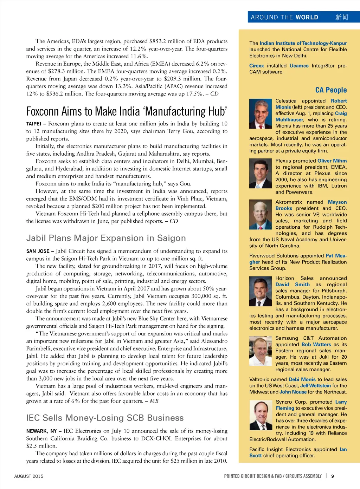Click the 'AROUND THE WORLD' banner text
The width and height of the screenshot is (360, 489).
coord(284,17)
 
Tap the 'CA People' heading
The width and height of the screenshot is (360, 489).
coord(331,90)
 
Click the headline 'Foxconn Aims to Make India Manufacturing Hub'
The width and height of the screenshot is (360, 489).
coord(127,111)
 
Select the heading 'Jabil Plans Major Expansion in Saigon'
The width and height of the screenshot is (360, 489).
coord(106,238)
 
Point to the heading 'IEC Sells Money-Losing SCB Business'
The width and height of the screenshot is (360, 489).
coord(105,418)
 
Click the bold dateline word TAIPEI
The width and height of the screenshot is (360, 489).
coord(33,124)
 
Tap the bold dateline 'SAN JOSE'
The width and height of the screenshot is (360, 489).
coord(38,251)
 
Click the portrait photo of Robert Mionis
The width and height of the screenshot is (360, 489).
coord(261,113)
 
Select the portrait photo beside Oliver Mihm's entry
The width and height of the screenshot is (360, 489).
coord(261,174)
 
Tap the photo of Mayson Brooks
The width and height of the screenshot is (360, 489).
coord(261,215)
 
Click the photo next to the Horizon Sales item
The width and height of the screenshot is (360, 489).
coord(261,292)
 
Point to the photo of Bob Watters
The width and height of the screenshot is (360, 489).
coord(261,351)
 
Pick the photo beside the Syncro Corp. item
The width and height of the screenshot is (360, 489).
coord(261,415)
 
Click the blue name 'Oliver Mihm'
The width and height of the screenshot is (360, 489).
coord(332,161)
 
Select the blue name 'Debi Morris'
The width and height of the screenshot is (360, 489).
coord(302,379)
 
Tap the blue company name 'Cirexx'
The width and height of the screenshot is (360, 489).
coord(256,66)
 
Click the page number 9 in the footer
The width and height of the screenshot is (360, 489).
coord(332,476)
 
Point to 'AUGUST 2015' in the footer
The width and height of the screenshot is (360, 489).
coord(28,476)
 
